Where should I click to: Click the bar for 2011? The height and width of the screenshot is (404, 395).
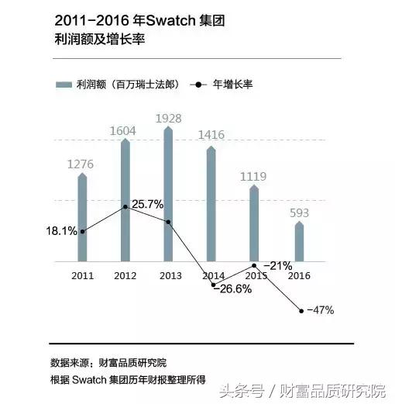coord(82,219)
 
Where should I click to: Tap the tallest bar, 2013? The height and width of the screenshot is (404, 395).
coord(168,194)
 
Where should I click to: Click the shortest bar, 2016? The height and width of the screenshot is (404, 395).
coord(299,242)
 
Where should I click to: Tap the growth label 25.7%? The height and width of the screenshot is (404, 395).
coord(147,205)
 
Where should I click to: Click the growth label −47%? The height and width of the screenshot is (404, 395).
coord(320,310)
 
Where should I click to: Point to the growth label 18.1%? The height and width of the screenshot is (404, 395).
coord(62,230)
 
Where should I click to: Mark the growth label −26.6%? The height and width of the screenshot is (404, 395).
coord(232,288)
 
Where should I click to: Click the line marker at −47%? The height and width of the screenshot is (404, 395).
coord(301,311)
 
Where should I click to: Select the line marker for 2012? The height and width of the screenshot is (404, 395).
coord(125,207)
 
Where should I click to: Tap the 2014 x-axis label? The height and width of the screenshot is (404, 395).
coord(212,275)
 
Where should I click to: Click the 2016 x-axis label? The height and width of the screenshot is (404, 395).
coord(300,275)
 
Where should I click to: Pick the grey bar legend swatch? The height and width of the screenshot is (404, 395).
coord(64,84)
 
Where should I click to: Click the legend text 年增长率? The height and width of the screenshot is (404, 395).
coord(232,84)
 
